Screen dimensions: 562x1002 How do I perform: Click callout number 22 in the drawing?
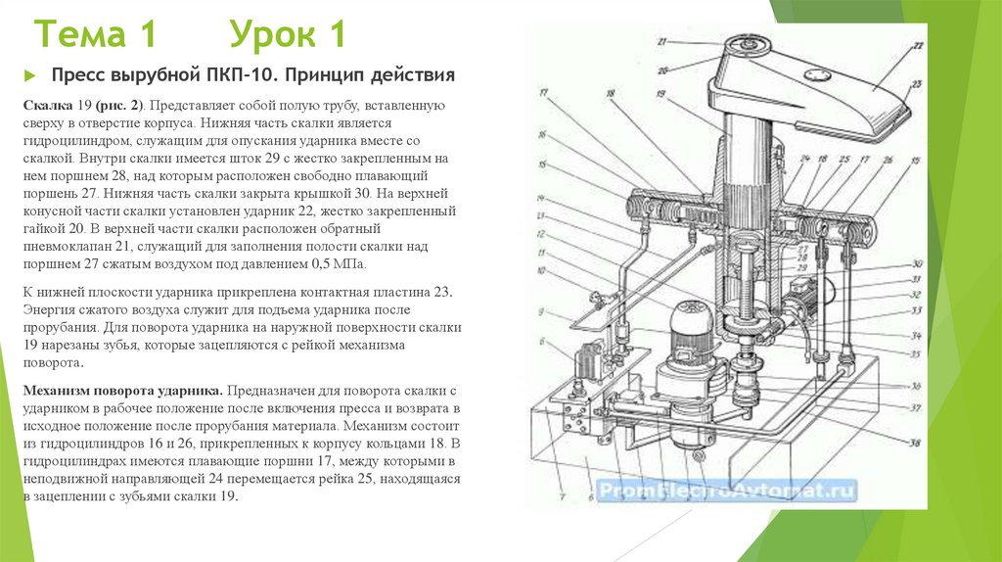[918, 46]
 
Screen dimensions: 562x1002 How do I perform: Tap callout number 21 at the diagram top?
[662, 42]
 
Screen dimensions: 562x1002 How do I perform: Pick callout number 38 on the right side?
[914, 444]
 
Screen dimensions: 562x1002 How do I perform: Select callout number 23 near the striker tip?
[918, 84]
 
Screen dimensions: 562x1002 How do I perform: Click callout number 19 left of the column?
[661, 95]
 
